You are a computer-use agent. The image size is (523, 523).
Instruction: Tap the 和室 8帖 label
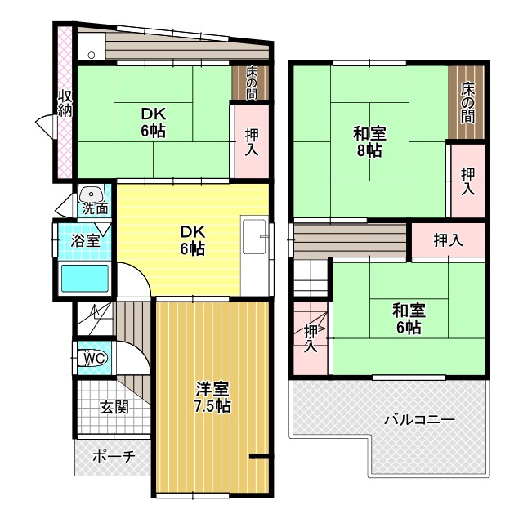click(x=369, y=141)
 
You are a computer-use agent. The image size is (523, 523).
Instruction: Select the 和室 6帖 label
click(x=409, y=319)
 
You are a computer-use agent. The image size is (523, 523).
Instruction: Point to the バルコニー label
click(x=420, y=420)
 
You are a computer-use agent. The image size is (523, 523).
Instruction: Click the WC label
click(x=94, y=358)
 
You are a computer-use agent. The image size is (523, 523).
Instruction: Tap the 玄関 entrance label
click(x=114, y=406)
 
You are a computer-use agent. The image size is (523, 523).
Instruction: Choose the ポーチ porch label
click(x=113, y=457)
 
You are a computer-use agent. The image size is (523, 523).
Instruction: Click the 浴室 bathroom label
click(x=85, y=241)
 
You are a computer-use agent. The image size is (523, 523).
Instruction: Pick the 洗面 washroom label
click(x=95, y=208)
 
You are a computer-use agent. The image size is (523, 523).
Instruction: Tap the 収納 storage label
click(x=65, y=104)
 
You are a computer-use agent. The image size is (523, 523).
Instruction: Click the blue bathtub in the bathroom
click(x=86, y=278)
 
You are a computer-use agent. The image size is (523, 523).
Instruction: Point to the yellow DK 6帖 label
click(x=193, y=239)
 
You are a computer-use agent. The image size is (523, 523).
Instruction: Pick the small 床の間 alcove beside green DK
click(x=251, y=82)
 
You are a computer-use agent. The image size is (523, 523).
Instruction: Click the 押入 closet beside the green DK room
click(x=251, y=141)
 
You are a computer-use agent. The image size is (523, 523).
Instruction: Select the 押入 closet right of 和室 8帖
click(x=467, y=180)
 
